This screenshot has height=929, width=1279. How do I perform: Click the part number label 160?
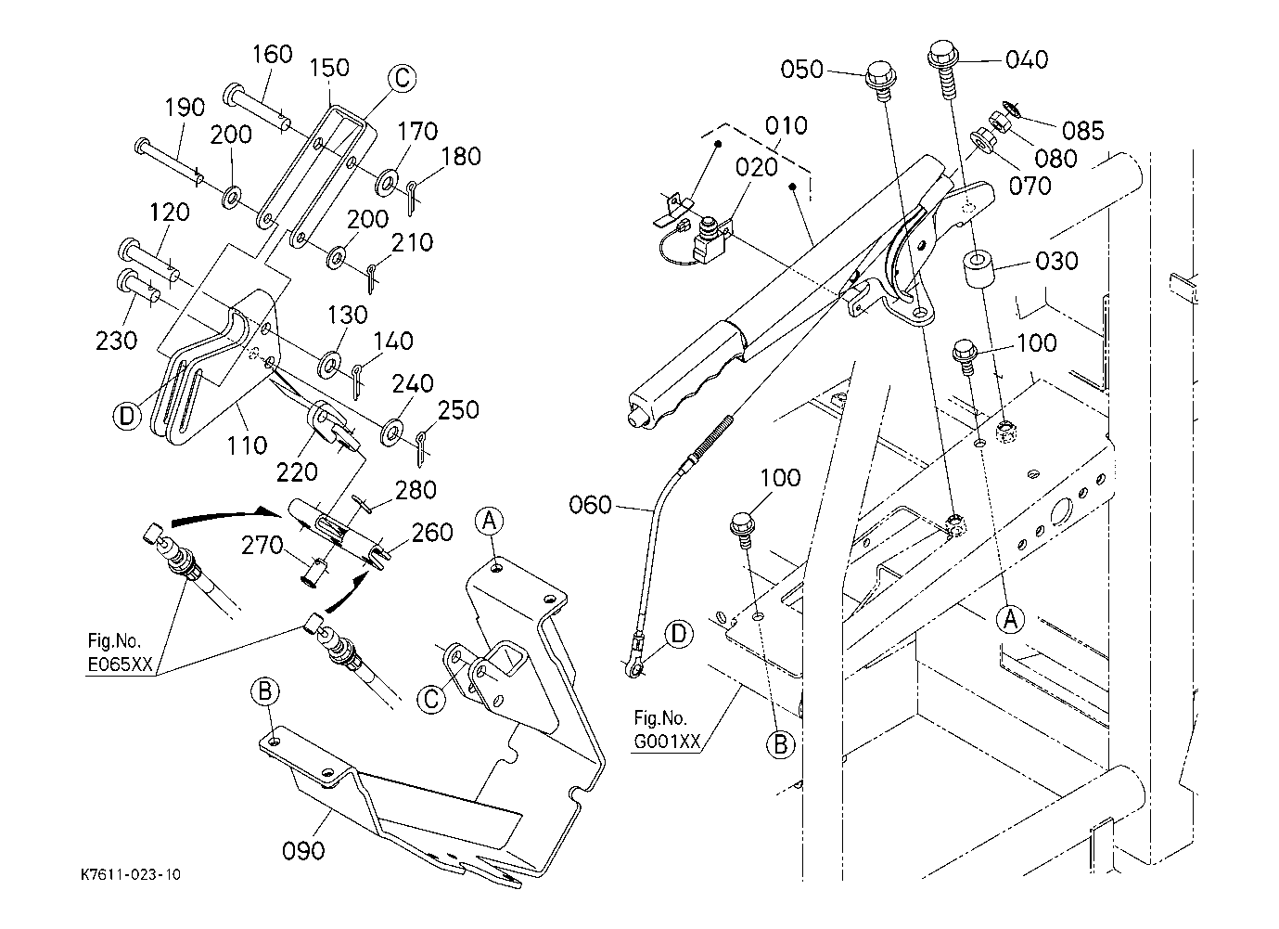point(272,55)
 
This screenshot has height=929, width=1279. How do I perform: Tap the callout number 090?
point(303,849)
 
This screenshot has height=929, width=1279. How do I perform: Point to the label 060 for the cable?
point(591,505)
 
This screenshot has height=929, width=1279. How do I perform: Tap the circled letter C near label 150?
point(401,79)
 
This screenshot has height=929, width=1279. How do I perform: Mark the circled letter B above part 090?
point(265,691)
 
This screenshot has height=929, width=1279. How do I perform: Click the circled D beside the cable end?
point(680,634)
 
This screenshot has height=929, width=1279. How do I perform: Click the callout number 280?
point(415,489)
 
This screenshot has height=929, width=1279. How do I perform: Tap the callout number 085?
point(1081,130)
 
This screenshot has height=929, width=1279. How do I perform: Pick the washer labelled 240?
point(392,432)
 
